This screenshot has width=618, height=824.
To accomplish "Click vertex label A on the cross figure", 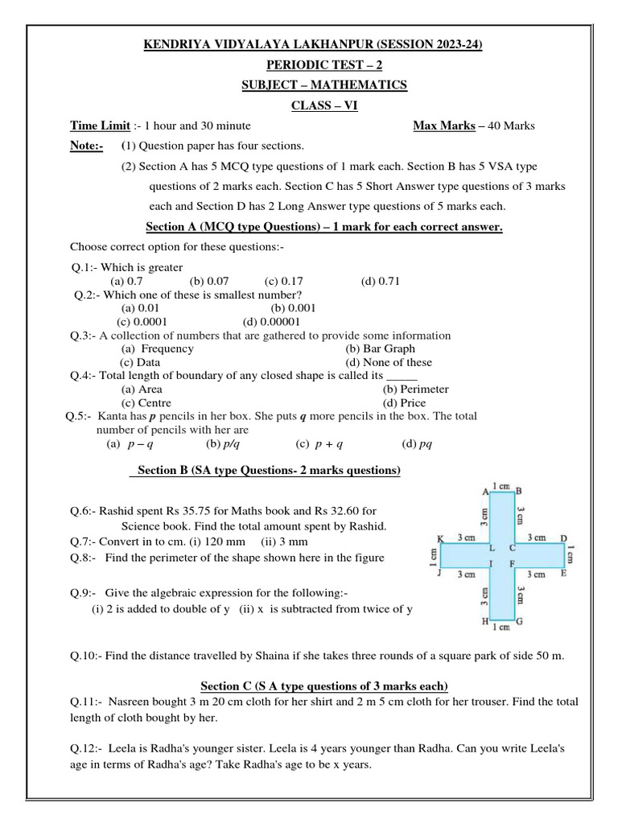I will click(486, 491).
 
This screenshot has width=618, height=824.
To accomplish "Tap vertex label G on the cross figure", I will click(521, 621).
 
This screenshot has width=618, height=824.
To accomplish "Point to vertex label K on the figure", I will click(440, 538).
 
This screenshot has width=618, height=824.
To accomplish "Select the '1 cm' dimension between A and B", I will click(502, 485).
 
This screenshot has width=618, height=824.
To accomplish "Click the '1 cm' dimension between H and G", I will click(502, 627).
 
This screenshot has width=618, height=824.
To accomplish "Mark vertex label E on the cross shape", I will click(563, 573).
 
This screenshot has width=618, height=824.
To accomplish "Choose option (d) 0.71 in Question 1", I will click(381, 281).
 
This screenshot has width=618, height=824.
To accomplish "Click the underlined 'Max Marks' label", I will click(442, 126).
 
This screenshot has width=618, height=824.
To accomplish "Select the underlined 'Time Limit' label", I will click(100, 126).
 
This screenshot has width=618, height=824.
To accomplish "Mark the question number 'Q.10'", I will click(85, 656).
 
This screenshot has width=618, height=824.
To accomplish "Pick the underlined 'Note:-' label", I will click(87, 146).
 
